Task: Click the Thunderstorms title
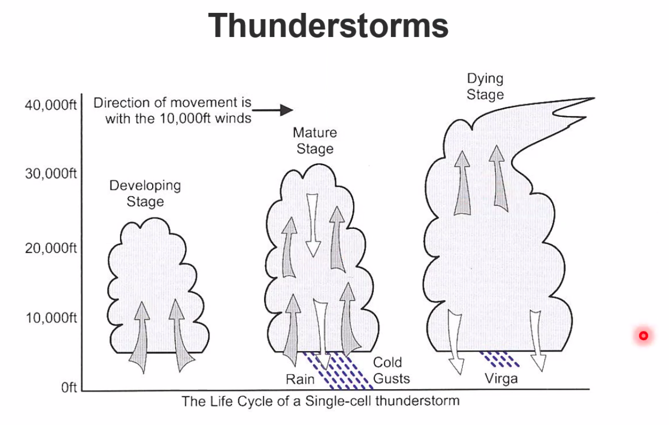click(328, 25)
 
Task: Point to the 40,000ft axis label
click(51, 105)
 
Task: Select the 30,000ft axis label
click(51, 174)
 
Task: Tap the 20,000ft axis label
click(51, 248)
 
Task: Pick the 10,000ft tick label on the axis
click(51, 318)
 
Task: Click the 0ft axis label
click(70, 388)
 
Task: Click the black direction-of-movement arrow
click(279, 110)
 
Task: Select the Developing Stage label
click(145, 193)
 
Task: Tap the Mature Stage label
click(315, 140)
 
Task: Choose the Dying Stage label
click(485, 86)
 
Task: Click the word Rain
click(300, 379)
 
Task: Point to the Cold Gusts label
click(391, 370)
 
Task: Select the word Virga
click(501, 379)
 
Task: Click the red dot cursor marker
click(643, 336)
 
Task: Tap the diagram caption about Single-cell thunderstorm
click(320, 401)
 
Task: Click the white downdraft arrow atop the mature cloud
click(312, 224)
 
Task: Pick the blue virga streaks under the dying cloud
click(499, 359)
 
